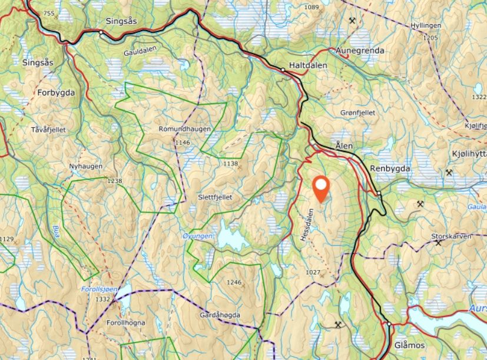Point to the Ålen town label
(x=343, y=145)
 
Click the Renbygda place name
(x=389, y=169)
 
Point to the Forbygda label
(x=56, y=93)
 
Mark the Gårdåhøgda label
(x=220, y=315)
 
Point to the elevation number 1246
(x=234, y=282)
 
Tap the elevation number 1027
(x=313, y=272)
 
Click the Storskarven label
(x=452, y=237)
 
